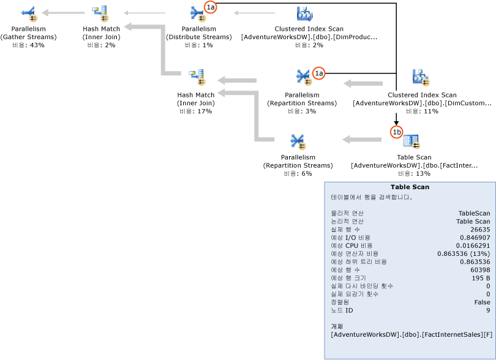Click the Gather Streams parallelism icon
29,13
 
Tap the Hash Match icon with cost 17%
196,77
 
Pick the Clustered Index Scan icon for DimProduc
304,13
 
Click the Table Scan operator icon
411,141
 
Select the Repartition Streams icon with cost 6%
298,141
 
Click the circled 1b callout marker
397,132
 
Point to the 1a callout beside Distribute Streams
210,7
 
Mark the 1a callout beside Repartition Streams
318,73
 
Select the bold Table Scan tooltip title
410,187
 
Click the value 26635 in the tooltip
478,229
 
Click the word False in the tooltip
481,302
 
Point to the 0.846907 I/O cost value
475,237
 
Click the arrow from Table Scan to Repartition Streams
361,140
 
